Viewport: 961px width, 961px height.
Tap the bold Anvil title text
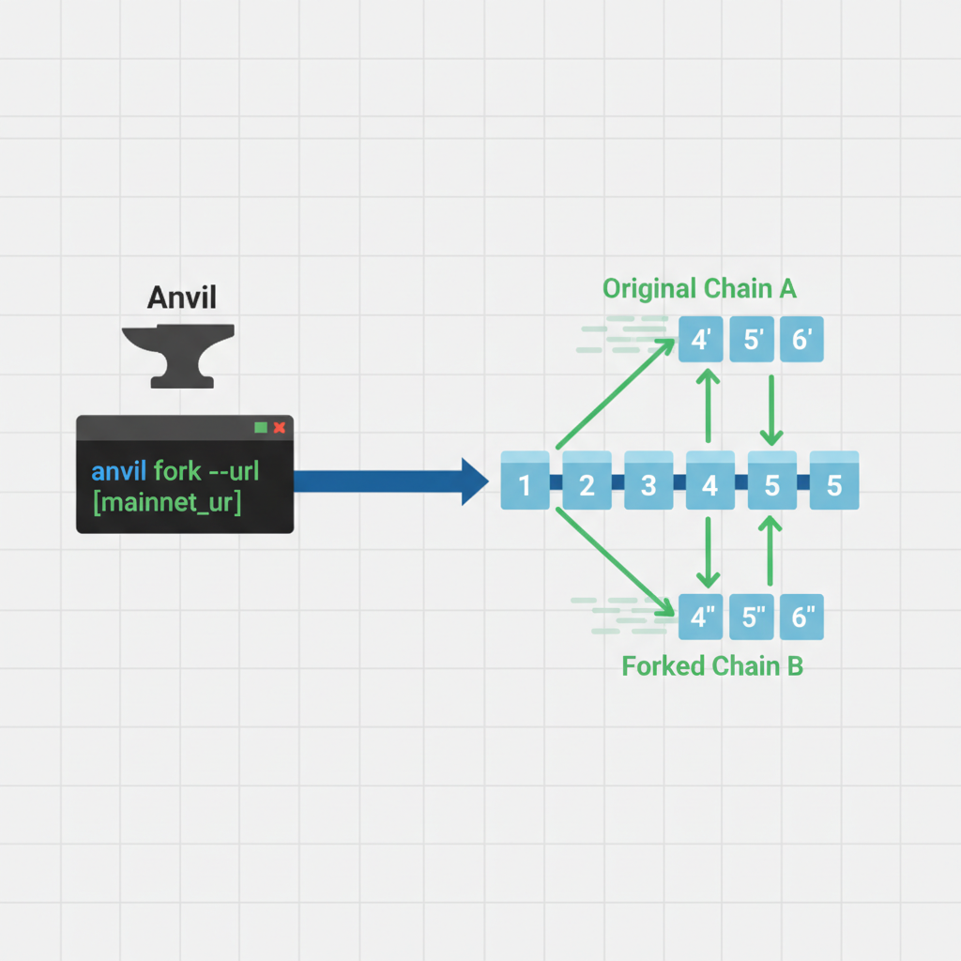coord(182,297)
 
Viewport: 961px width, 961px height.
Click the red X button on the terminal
coord(279,427)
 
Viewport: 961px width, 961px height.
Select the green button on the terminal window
coord(261,427)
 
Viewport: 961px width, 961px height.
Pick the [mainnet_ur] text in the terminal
coord(167,502)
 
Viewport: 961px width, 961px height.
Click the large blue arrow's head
coord(474,481)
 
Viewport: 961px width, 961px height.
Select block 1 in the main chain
coord(525,484)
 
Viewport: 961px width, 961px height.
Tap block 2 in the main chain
coord(587,484)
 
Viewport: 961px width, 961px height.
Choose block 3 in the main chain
coord(648,484)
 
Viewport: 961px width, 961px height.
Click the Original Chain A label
coord(699,288)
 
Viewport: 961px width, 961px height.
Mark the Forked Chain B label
coord(712,666)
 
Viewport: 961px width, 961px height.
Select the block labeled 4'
coord(701,339)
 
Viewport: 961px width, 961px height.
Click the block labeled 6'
coord(801,339)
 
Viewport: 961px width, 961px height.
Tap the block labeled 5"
coord(754,617)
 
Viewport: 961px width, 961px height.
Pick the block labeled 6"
coord(801,617)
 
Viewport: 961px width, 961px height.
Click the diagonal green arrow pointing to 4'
coord(616,394)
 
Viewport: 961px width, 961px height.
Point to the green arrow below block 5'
coord(771,410)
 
